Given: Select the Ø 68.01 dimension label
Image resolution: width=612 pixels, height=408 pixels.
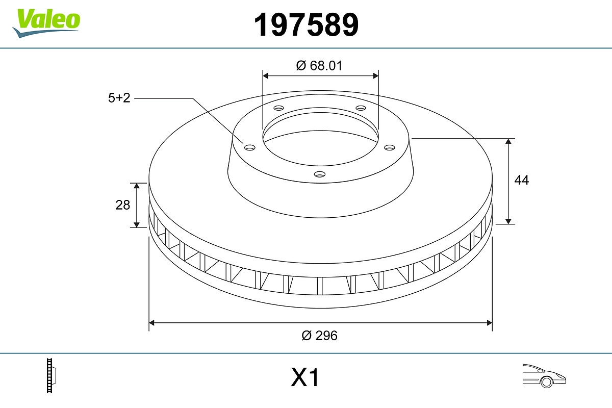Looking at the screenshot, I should (319, 66).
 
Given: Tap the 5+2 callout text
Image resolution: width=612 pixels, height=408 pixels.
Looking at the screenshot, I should (119, 98).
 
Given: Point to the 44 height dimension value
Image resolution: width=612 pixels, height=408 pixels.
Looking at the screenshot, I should (521, 180).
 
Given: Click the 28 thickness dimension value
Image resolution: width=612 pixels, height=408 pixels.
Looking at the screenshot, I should (123, 205).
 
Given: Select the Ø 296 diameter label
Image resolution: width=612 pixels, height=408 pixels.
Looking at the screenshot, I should (320, 336).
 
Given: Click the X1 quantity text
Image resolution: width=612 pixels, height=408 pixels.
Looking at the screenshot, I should (305, 378).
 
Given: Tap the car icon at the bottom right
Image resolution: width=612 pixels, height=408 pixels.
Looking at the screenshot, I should (544, 375).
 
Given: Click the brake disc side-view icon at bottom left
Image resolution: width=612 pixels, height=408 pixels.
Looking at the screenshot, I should (51, 376).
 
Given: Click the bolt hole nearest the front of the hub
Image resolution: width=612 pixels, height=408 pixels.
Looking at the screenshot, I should (319, 174).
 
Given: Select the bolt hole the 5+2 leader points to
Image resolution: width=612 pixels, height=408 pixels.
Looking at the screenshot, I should (249, 148).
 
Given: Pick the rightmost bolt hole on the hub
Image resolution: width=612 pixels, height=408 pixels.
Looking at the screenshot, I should (390, 147).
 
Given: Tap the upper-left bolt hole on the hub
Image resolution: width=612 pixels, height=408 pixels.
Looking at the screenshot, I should (278, 108).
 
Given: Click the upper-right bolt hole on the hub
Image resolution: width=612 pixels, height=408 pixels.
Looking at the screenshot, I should (361, 108).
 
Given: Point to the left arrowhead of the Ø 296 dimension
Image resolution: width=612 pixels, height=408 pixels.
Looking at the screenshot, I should (151, 322).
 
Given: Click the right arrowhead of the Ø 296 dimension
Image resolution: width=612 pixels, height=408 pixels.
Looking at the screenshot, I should (489, 322).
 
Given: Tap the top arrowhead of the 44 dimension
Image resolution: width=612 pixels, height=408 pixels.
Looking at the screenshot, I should (508, 141).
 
